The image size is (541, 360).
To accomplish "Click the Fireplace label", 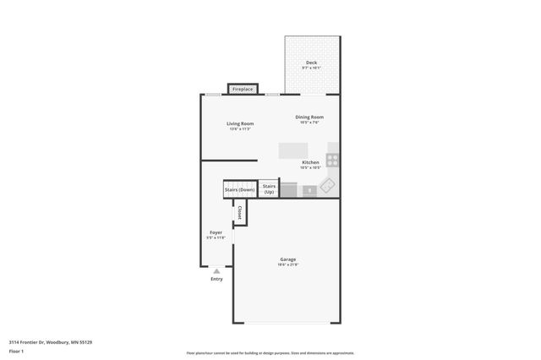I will [243, 89].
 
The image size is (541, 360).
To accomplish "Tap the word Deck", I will [311, 63].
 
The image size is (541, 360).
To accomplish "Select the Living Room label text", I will [240, 123].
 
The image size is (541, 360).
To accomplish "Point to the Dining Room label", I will [309, 117].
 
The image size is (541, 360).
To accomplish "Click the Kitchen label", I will [311, 161].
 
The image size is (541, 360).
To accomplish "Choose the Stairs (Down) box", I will [239, 190].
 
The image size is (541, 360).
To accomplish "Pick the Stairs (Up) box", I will [269, 189].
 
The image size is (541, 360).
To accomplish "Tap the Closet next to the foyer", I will [240, 214].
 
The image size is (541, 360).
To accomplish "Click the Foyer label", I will [216, 232].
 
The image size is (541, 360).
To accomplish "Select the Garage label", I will [288, 259].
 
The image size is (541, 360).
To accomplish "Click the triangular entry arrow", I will [216, 271].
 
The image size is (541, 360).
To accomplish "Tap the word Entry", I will [216, 279].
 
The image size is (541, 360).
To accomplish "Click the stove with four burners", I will [333, 159].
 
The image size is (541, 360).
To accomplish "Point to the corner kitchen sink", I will [329, 185].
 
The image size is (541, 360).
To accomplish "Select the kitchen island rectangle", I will [293, 150].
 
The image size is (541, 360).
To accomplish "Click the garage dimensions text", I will [288, 265].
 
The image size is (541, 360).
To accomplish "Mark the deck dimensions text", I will [311, 68].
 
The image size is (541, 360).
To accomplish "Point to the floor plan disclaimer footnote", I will [270, 353].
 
